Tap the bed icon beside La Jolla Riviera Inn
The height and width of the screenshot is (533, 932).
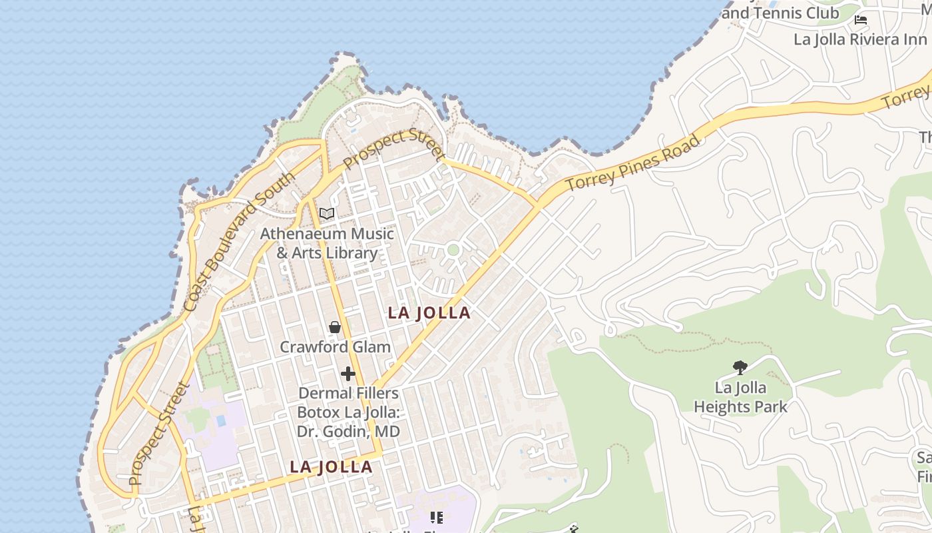(x=861, y=19)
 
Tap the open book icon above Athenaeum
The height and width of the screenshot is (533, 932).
(x=326, y=213)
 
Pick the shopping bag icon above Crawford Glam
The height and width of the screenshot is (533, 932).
(x=335, y=327)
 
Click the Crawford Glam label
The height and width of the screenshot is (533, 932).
(x=335, y=346)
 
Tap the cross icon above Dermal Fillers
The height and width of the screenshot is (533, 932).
(x=348, y=374)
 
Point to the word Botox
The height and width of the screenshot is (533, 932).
(x=320, y=412)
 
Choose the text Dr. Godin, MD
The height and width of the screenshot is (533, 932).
(x=349, y=431)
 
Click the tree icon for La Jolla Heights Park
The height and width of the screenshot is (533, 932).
(x=739, y=366)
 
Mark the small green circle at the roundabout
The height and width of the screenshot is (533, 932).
(x=453, y=250)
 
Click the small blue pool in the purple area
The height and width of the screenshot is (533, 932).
(x=221, y=421)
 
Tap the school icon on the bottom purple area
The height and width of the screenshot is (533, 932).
(x=437, y=517)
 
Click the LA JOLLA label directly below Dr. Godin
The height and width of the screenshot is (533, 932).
(x=331, y=467)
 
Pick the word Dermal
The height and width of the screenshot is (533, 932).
(x=322, y=393)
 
